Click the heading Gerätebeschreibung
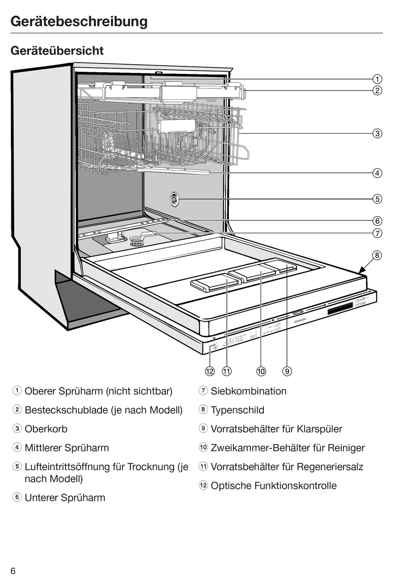(79, 21)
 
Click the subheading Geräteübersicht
(57, 50)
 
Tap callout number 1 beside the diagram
(377, 79)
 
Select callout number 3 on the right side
(377, 134)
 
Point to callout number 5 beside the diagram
(377, 199)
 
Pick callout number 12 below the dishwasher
(210, 371)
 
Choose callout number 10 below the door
(261, 371)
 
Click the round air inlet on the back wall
(174, 199)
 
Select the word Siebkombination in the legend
(248, 391)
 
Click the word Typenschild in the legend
(237, 410)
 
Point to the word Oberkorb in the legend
(46, 429)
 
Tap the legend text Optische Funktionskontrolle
(273, 486)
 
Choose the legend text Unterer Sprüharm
(65, 497)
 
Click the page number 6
(13, 571)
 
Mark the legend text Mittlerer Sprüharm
(67, 448)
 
